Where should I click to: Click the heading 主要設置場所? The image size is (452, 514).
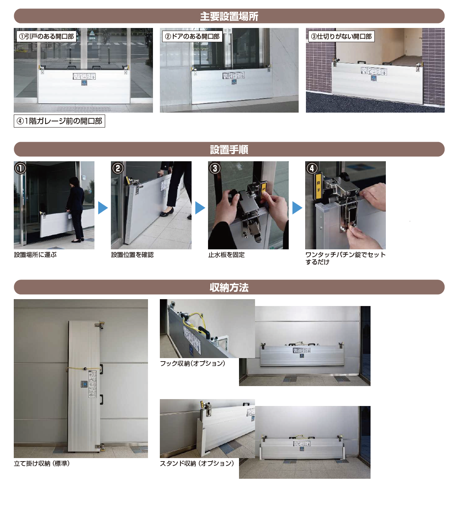(x=229, y=16)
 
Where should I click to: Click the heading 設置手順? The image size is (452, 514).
(x=229, y=149)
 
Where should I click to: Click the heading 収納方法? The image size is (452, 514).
(x=229, y=287)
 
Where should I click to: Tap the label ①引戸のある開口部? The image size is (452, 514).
(x=46, y=36)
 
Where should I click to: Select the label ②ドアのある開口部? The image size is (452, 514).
(x=192, y=36)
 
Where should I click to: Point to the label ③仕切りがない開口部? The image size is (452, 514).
(x=341, y=36)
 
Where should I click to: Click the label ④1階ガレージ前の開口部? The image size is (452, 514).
(x=59, y=121)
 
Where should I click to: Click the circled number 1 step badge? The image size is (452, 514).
(x=20, y=168)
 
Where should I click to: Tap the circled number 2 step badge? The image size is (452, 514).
(x=117, y=168)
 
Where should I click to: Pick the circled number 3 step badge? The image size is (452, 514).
(x=215, y=168)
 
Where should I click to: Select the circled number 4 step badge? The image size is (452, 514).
(x=312, y=168)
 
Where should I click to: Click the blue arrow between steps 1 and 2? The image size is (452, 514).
(x=102, y=208)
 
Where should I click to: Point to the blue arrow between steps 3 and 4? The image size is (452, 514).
(x=297, y=208)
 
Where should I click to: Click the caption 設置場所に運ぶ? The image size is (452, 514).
(x=35, y=255)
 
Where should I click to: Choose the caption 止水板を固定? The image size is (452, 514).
(x=226, y=255)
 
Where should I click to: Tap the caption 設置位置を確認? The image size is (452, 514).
(x=132, y=255)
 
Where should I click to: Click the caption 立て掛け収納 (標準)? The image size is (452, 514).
(x=42, y=463)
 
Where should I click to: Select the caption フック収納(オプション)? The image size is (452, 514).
(x=193, y=363)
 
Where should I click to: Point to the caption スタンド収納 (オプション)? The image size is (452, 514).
(x=197, y=463)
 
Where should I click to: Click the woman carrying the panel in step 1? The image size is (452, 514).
(x=75, y=209)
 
